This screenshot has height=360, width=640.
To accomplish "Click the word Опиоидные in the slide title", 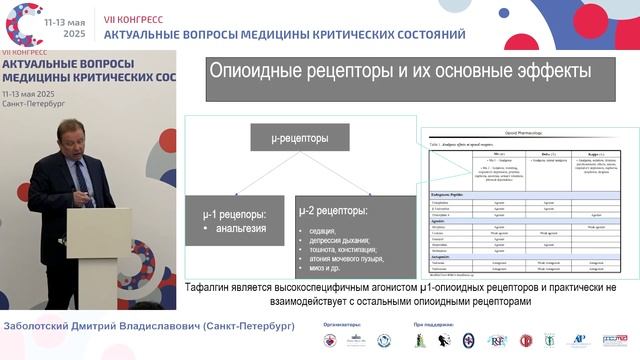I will [x=254, y=72].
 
